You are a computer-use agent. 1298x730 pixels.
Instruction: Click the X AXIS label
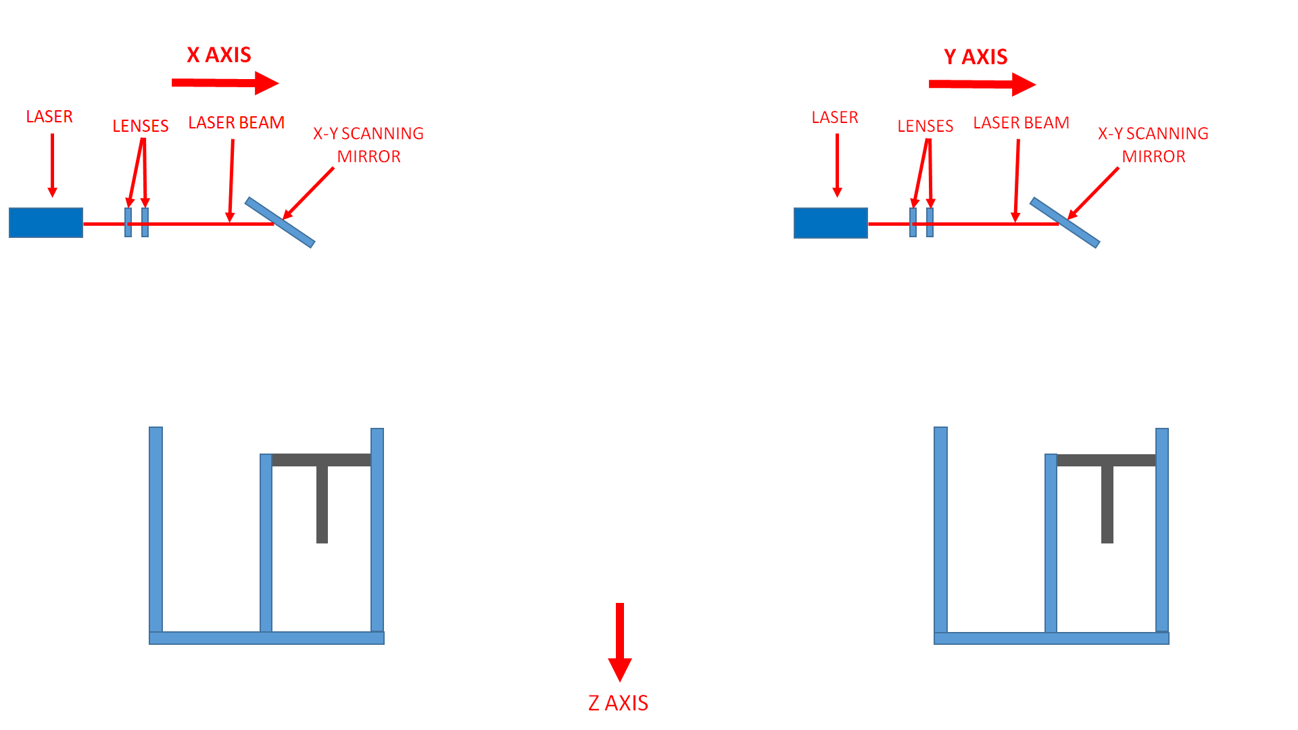coord(219,55)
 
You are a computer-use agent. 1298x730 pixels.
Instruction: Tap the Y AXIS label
coord(976,57)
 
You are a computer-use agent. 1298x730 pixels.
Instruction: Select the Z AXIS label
coord(618,703)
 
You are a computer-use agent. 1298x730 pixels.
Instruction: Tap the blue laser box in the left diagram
coord(46,223)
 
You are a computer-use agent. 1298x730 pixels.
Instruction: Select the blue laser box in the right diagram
coord(831,223)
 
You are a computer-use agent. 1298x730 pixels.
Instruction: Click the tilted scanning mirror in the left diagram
coord(280,222)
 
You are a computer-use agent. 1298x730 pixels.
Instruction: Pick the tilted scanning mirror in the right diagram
coord(1065,222)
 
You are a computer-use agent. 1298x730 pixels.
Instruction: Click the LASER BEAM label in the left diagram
coord(237,123)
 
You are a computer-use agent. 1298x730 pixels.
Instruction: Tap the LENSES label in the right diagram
coord(926,126)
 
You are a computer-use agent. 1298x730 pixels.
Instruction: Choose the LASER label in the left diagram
coord(49,117)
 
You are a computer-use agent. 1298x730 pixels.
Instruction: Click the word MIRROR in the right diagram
coord(1154,157)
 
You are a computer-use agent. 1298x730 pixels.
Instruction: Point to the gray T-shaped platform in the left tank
coord(322,461)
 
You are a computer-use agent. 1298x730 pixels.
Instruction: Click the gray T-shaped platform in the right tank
coord(1107,461)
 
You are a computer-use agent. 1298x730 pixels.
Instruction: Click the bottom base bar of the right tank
coord(1051,638)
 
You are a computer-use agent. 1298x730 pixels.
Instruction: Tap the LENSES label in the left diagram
coord(141,126)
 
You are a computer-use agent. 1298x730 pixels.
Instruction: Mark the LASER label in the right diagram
coord(835,118)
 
